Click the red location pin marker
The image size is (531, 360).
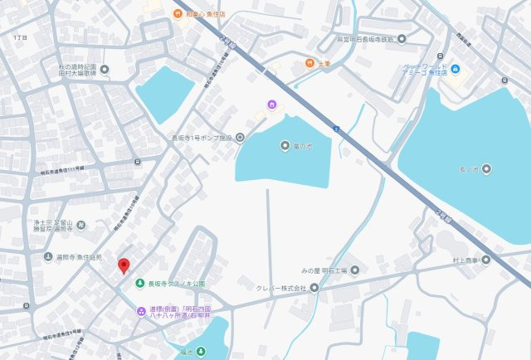pyautogui.click(x=124, y=265)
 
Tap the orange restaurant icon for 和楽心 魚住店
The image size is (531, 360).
pyautogui.click(x=178, y=13)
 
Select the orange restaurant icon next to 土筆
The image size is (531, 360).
pyautogui.click(x=309, y=63)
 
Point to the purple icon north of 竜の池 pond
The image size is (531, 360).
pyautogui.click(x=270, y=104)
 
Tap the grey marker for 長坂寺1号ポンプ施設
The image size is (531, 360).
pyautogui.click(x=240, y=138)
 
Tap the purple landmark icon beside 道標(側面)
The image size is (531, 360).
pyautogui.click(x=140, y=311)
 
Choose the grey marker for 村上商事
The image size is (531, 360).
pyautogui.click(x=486, y=260)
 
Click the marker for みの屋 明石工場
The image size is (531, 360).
pyautogui.click(x=354, y=270)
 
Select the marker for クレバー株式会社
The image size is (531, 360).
pyautogui.click(x=314, y=288)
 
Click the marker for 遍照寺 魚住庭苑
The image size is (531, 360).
pyautogui.click(x=47, y=257)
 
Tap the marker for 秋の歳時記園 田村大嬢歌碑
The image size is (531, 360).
pyautogui.click(x=105, y=70)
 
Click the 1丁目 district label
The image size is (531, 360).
pyautogui.click(x=21, y=38)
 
